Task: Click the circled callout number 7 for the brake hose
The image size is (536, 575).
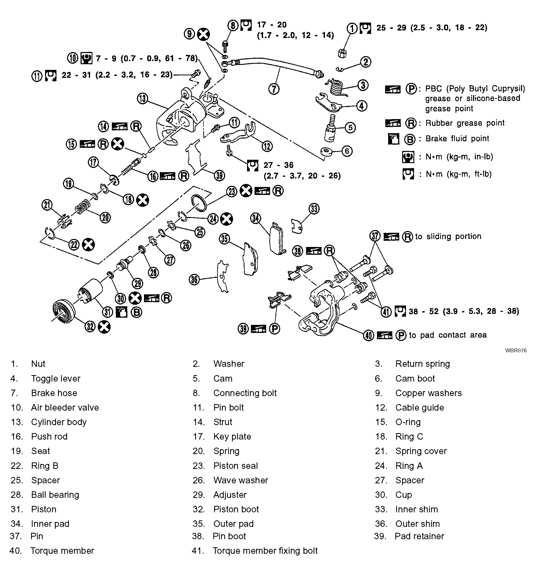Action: coord(274,89)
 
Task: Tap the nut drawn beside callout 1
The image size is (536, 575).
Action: coord(342,53)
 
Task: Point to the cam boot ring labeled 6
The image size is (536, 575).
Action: coord(327,151)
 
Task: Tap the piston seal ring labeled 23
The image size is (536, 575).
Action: coord(199,203)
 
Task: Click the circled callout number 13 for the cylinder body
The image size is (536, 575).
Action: coord(142,99)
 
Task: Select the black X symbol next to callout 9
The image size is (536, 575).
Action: coord(203,34)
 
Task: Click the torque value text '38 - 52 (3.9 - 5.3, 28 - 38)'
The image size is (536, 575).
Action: coord(464,311)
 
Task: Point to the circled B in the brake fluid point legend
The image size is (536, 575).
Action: coord(410,139)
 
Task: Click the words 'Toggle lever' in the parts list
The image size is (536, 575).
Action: coord(55,378)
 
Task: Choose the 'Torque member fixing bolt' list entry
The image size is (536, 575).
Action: coord(265,551)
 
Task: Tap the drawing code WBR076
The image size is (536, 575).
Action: coord(516,351)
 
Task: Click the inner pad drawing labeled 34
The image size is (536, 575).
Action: coord(277,239)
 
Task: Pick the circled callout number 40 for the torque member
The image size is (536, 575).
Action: coord(368,336)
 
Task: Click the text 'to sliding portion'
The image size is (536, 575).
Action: coord(448,236)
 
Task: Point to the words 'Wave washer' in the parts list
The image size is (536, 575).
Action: coord(240,480)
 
